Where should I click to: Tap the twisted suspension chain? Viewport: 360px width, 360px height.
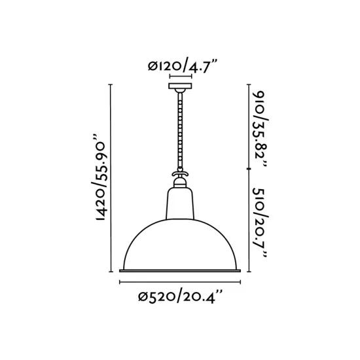180,131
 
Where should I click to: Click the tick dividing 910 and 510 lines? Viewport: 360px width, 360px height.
249,169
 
